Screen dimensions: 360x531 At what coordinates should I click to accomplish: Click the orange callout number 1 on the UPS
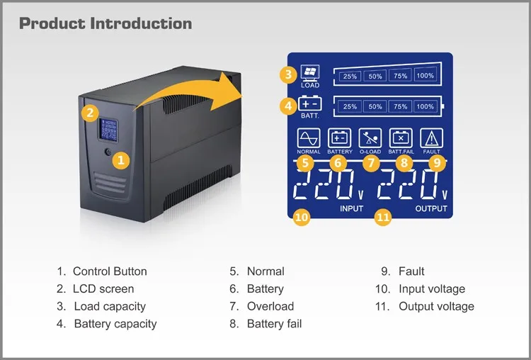point(120,160)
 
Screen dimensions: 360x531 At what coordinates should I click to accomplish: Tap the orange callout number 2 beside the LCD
point(89,112)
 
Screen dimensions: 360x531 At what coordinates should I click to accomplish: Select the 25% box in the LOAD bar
point(350,76)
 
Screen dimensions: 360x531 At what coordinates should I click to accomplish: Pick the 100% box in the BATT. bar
point(426,106)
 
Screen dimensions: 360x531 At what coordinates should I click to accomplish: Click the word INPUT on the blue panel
point(351,209)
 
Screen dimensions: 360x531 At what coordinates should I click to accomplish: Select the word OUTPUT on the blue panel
point(431,209)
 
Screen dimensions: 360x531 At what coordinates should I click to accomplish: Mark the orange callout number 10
point(302,217)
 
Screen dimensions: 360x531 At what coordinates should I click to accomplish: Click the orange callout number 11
point(383,218)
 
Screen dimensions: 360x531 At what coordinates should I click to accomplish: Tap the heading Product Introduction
point(105,23)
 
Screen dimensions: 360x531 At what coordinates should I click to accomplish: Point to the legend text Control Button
point(110,271)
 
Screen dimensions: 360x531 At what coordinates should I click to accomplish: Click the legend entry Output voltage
point(436,306)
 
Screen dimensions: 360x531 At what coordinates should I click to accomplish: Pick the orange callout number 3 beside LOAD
point(287,74)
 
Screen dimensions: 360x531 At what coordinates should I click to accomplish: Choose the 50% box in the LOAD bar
point(375,76)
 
